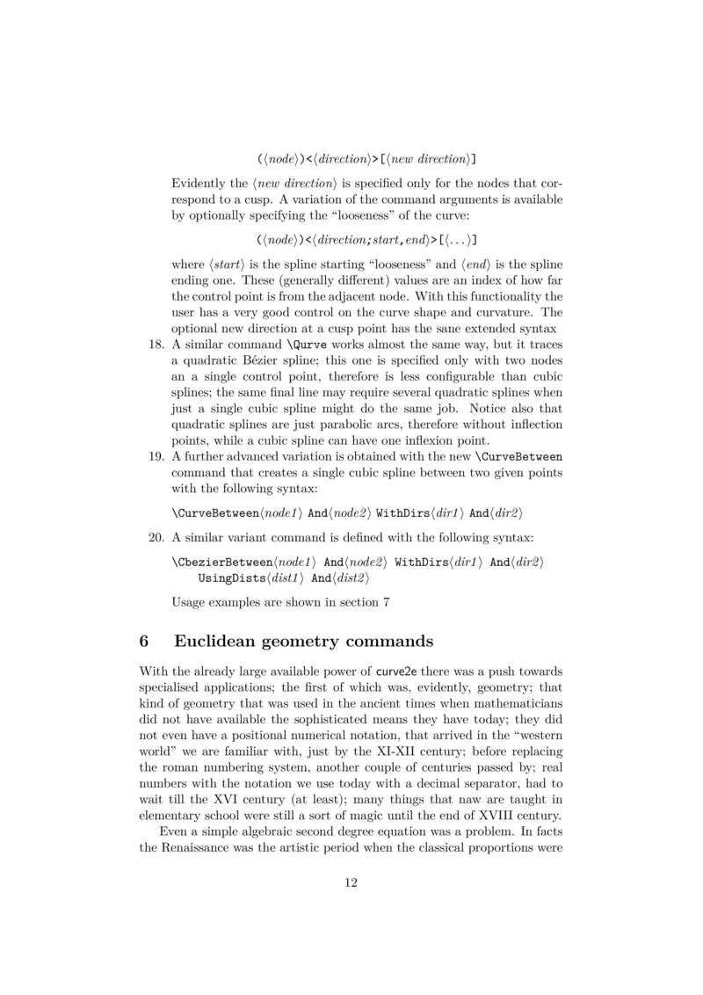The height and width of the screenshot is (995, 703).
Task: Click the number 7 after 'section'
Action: point(384,602)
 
